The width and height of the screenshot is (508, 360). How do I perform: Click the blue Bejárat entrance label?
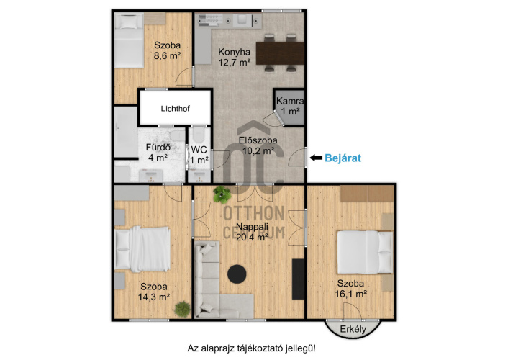coord(343,158)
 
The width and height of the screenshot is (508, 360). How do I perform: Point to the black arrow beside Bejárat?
coord(316,158)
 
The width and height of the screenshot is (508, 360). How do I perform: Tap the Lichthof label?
coord(176,109)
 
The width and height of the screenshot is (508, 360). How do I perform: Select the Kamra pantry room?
coord(289,107)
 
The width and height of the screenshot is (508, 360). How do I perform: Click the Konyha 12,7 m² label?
coord(235,57)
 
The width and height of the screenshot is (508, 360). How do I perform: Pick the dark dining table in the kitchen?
coord(280,53)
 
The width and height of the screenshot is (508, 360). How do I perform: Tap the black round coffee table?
coord(237,274)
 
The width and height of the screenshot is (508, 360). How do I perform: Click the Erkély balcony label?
coord(353,329)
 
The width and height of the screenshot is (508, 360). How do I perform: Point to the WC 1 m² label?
coord(199,155)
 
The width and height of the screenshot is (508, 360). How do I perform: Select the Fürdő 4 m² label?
coord(158,153)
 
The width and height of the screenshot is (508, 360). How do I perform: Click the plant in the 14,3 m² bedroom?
coord(182,309)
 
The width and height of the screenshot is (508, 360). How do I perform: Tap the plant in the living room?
coord(222,194)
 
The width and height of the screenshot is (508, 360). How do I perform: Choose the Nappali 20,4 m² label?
coord(252,232)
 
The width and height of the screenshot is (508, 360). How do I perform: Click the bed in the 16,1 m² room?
coord(365,252)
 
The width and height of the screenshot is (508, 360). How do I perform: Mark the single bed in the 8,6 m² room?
coord(129,40)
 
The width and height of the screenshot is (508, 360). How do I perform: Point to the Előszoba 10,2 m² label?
coord(258,145)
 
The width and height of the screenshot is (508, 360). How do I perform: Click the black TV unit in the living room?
coord(299,279)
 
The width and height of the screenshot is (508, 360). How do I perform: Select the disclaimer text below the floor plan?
coord(251,348)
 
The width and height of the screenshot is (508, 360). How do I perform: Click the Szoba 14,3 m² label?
coord(154,292)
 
